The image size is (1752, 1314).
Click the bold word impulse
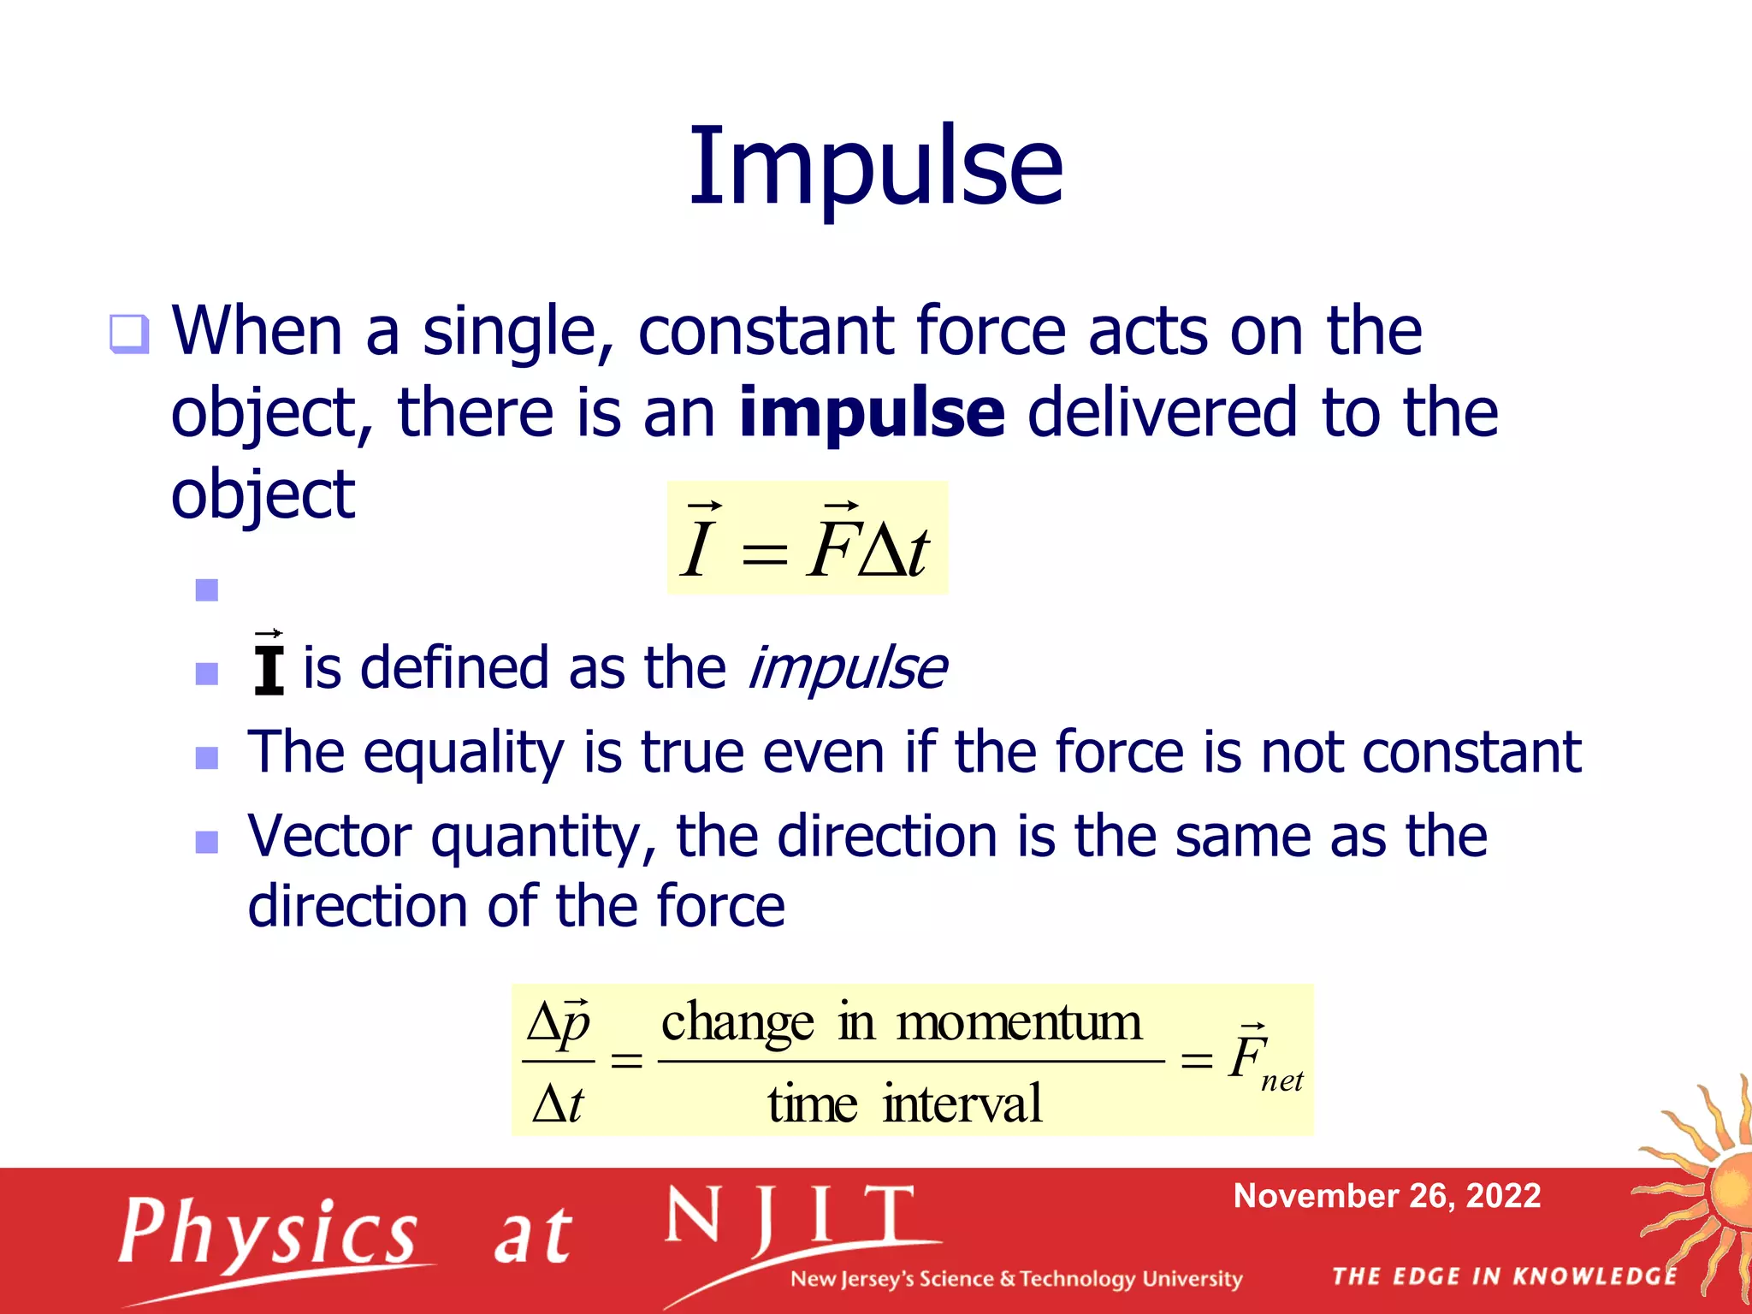click(x=871, y=413)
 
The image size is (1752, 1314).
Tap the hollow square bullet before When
click(x=129, y=334)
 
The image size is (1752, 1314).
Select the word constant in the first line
click(x=766, y=332)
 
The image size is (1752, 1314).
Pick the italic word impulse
click(x=847, y=669)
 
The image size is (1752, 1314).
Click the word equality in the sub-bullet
click(x=463, y=753)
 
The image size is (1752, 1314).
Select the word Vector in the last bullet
click(x=328, y=837)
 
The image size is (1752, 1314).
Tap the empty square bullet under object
click(x=207, y=590)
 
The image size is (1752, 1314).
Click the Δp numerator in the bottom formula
click(x=559, y=1023)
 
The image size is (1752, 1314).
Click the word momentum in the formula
click(x=1018, y=1022)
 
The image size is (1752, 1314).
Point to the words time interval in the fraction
click(x=904, y=1104)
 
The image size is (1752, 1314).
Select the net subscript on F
click(x=1281, y=1082)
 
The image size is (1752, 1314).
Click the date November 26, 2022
click(x=1387, y=1196)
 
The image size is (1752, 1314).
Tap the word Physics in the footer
click(x=268, y=1232)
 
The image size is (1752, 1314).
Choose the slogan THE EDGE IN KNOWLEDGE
click(x=1504, y=1276)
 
